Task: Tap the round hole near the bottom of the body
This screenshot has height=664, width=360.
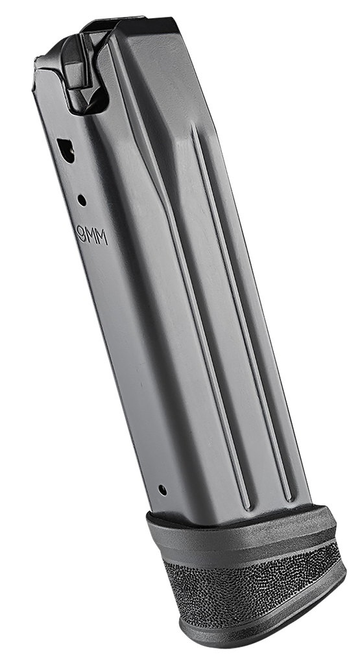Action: (x=162, y=490)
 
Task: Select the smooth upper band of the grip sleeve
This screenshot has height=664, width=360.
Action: (x=243, y=541)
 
